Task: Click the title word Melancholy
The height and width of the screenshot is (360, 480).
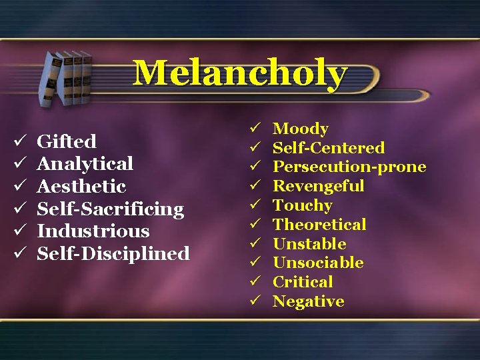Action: (x=240, y=73)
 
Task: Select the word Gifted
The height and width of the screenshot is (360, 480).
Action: (x=67, y=141)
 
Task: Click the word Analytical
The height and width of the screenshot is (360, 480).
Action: (x=85, y=163)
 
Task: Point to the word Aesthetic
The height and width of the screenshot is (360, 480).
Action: (x=81, y=186)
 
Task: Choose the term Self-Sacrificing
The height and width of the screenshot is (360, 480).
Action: (x=110, y=209)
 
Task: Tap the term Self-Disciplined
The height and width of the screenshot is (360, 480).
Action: (x=113, y=254)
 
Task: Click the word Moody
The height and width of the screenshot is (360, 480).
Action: (x=301, y=129)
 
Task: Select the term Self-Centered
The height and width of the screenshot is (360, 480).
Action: (x=329, y=148)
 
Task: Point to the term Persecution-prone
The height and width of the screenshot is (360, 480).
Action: (x=349, y=167)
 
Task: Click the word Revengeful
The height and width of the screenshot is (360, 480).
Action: (x=319, y=186)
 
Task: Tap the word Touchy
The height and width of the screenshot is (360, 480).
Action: (x=303, y=205)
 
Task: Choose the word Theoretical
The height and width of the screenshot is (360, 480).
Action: (x=319, y=225)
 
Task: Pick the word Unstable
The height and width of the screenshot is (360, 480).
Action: (x=309, y=244)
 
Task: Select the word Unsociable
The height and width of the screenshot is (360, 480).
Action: (x=318, y=263)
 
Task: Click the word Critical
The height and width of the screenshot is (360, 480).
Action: (x=303, y=282)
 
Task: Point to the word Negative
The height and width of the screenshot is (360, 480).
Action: (x=309, y=301)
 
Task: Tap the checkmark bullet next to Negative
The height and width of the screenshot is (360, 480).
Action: (x=254, y=301)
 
